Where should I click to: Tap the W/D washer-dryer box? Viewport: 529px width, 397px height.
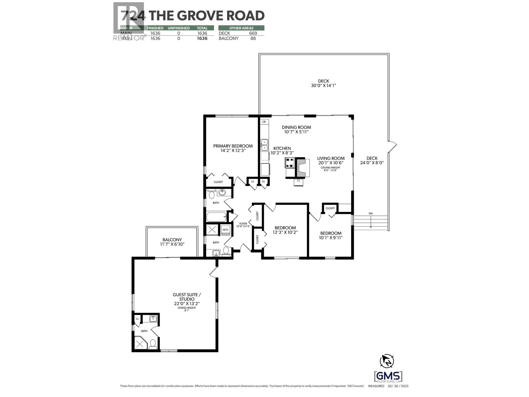pyautogui.click(x=225, y=230)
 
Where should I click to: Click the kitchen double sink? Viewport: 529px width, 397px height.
pyautogui.click(x=264, y=145)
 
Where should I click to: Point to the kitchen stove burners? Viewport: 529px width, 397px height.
pyautogui.click(x=290, y=162)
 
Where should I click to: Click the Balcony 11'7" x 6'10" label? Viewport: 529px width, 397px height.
pyautogui.click(x=172, y=242)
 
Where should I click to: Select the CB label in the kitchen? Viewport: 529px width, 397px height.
pyautogui.click(x=264, y=122)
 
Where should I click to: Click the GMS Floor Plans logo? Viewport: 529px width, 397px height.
pyautogui.click(x=388, y=376)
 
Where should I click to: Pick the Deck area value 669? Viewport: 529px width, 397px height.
pyautogui.click(x=253, y=33)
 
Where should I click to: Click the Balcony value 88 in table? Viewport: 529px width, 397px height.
pyautogui.click(x=253, y=38)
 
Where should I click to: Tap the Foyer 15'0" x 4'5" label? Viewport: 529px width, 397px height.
pyautogui.click(x=243, y=225)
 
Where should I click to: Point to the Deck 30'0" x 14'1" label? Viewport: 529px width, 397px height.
pyautogui.click(x=324, y=83)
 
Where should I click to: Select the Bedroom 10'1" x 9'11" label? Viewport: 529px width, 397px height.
pyautogui.click(x=331, y=235)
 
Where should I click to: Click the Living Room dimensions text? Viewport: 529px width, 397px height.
pyautogui.click(x=331, y=163)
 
